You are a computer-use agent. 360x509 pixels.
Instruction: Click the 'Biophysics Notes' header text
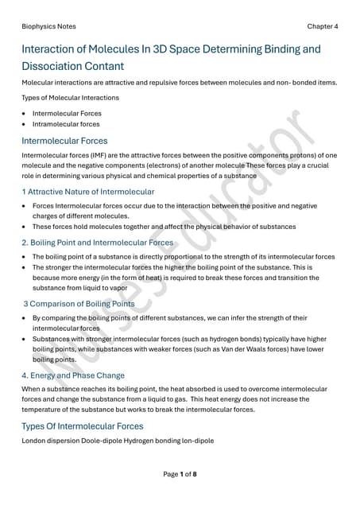49,26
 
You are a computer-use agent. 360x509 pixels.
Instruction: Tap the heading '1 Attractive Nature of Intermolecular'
88,192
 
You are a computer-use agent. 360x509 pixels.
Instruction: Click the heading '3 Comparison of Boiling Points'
79,304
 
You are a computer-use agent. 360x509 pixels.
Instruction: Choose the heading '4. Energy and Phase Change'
73,375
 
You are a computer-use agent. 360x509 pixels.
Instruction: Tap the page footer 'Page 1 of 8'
180,475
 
